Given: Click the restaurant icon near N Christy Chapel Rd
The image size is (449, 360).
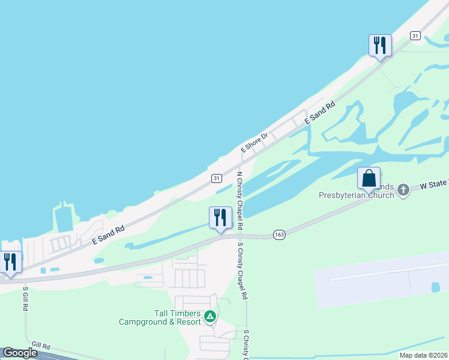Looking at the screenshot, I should click(220, 217).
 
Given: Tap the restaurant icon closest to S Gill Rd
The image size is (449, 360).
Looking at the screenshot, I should click(10, 262).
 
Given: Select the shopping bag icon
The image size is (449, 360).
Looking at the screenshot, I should click(369, 178).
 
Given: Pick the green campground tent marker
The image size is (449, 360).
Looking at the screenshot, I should click(209, 316).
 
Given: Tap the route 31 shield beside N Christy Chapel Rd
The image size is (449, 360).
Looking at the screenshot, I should click(217, 178).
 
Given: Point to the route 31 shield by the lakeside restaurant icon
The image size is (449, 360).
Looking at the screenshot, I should click(415, 36).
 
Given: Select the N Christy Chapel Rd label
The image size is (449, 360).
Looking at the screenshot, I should click(240, 201).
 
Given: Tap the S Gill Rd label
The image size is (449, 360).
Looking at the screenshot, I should click(25, 298).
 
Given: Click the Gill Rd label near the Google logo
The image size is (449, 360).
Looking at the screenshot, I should click(41, 347).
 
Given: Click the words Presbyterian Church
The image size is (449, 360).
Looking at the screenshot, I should click(357, 194).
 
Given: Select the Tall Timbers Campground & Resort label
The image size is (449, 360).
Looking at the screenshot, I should click(160, 317).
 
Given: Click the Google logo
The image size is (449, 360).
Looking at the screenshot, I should click(20, 353).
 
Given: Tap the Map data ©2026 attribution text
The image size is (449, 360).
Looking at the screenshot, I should click(423, 356).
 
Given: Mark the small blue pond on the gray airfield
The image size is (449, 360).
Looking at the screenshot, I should click(435, 287).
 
